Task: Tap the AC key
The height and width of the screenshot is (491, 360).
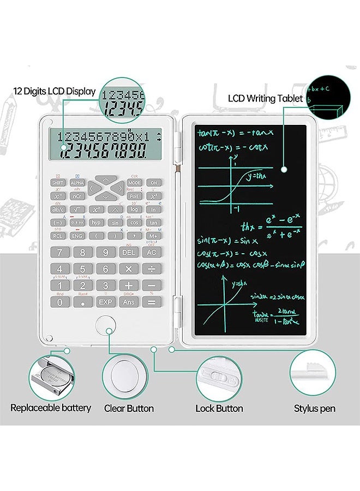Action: (x=152, y=253)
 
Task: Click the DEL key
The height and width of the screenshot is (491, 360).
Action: (x=129, y=253)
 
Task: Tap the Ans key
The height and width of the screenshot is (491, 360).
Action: (x=129, y=301)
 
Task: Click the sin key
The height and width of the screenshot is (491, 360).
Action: (x=115, y=223)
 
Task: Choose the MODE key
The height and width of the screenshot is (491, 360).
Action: (x=134, y=183)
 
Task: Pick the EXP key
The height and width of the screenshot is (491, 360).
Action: (x=106, y=301)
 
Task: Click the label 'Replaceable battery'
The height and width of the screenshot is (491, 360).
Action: (x=51, y=408)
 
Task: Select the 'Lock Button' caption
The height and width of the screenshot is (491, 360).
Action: (x=219, y=409)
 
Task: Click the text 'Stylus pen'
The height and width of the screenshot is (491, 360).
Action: (x=315, y=409)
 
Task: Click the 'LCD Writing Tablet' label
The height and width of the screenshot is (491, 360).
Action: (x=265, y=99)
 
